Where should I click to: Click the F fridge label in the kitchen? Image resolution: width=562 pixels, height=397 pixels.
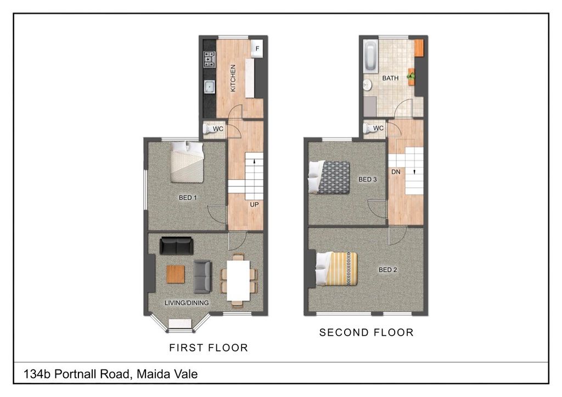pos(257,48)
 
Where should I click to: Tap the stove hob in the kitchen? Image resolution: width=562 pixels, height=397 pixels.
pos(210,59)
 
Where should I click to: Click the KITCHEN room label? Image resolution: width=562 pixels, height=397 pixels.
pos(233,78)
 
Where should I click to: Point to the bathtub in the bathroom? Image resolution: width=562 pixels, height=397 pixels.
pos(370,56)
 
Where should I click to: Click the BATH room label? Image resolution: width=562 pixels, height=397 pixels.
pos(390,78)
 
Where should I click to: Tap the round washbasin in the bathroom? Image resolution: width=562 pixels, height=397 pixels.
pos(367,85)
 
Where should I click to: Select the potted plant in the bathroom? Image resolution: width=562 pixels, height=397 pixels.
pos(411,76)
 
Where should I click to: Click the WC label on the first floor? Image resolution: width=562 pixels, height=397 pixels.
pos(218,128)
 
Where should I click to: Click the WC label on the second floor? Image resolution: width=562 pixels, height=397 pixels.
pos(378,128)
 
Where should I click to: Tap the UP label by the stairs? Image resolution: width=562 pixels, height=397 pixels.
pos(254,205)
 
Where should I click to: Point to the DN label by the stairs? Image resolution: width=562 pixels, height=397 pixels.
pos(396,172)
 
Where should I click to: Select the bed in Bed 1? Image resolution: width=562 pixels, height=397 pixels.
pos(187,162)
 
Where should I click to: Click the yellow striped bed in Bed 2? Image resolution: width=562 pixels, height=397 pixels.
pos(336,269)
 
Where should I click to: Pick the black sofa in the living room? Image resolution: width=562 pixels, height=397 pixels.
pos(176,246)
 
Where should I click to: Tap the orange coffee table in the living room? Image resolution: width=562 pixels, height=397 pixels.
pos(176,274)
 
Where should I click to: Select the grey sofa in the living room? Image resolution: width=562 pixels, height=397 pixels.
pos(203,276)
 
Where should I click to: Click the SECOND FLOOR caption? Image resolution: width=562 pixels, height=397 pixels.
pos(366,332)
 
